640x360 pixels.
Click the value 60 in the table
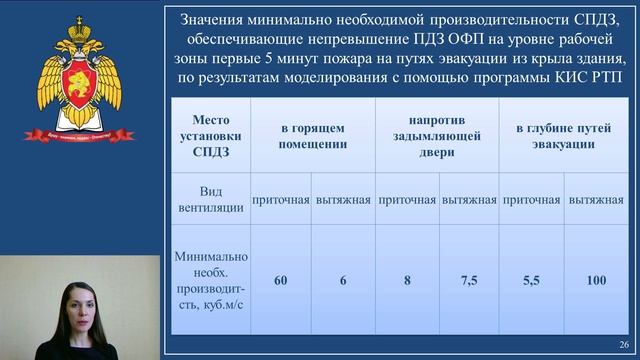click(281, 281)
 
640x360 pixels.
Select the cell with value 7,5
click(469, 281)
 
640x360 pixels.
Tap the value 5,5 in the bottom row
click(532, 281)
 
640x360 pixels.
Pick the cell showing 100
click(597, 281)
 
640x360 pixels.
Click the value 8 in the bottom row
click(407, 281)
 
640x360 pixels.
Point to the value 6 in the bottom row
click(343, 281)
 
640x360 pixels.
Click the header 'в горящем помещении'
click(313, 135)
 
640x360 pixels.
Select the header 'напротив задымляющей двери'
click(438, 135)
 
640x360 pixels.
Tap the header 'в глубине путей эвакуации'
click(564, 135)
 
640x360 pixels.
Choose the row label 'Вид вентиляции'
click(209, 198)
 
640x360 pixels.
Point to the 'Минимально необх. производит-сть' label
click(209, 281)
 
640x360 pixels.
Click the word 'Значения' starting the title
click(217, 19)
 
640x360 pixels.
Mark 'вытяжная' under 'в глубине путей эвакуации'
click(597, 199)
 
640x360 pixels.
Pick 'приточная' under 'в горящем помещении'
click(281, 199)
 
